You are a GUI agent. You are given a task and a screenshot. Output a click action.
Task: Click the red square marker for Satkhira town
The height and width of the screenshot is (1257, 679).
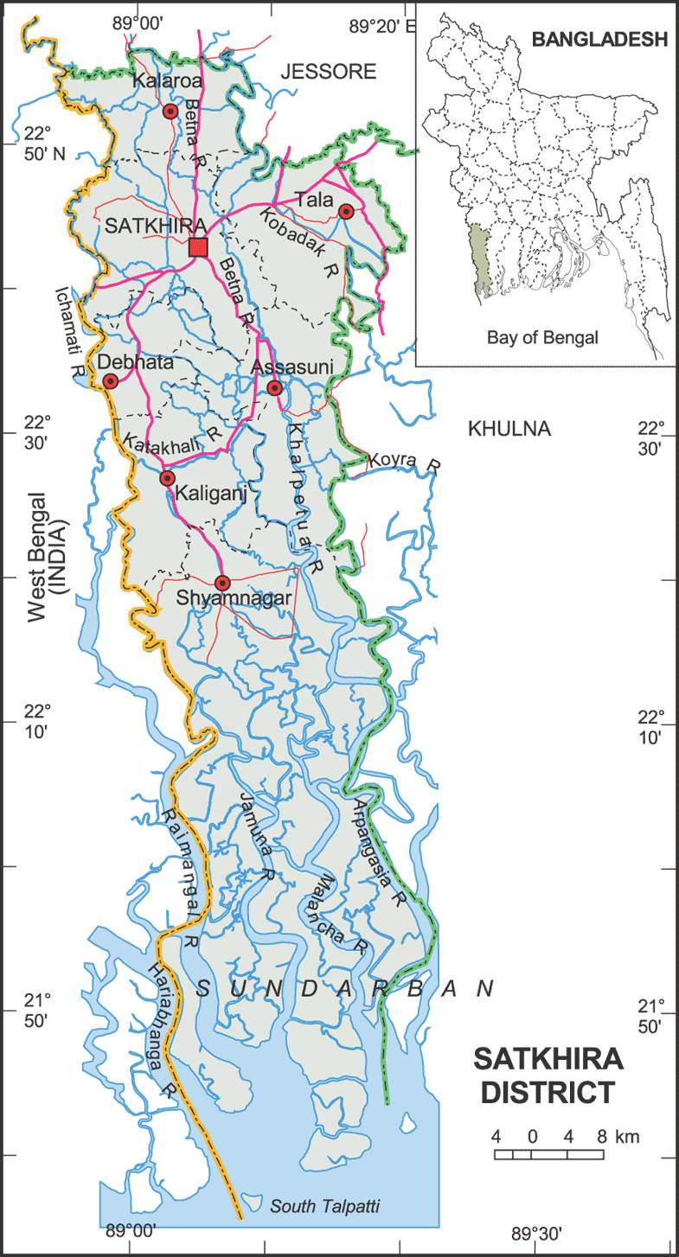pos(198,248)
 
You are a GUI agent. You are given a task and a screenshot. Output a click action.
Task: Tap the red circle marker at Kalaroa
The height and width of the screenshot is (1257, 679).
pos(170,112)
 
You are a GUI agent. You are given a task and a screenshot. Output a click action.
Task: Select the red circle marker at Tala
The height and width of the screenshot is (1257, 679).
pos(346,212)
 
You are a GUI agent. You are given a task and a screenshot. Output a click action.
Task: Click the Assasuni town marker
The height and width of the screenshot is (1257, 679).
pos(275,388)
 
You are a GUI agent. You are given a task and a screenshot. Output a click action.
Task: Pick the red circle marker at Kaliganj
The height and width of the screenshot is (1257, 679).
pos(168,478)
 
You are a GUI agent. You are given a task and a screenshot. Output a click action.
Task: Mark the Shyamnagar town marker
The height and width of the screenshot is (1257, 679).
pos(222,583)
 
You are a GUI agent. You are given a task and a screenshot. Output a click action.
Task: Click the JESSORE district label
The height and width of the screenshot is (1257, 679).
pos(330,72)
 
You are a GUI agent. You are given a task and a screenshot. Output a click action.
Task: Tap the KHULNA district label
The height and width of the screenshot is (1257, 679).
pos(509,429)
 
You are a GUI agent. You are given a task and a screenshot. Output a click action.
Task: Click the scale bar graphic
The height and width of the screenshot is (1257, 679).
pos(549,1154)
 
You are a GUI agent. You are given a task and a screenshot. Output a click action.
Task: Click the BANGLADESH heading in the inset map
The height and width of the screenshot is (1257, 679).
pos(599,39)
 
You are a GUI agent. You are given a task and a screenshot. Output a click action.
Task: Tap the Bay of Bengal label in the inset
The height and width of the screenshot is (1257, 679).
pos(542,338)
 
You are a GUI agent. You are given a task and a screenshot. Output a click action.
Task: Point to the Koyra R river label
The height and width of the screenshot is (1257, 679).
pos(404,462)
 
